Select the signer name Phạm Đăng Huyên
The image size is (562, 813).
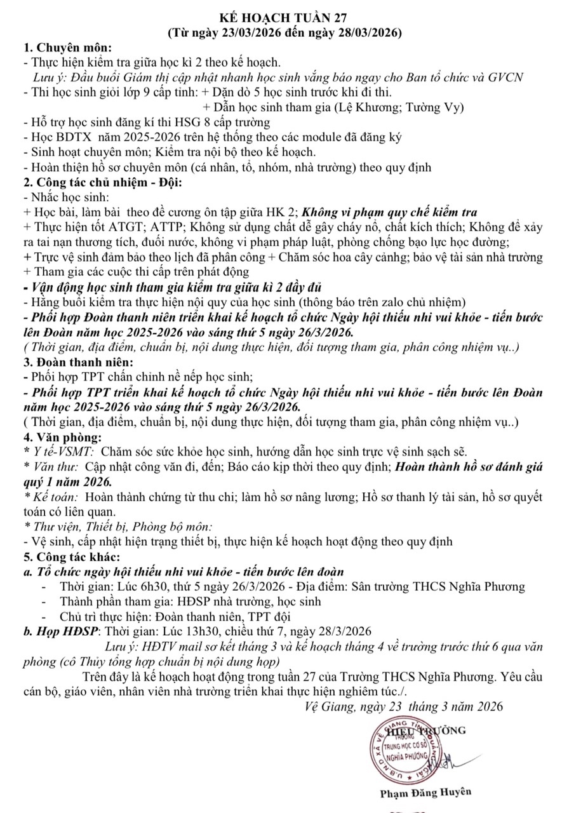(416, 792)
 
